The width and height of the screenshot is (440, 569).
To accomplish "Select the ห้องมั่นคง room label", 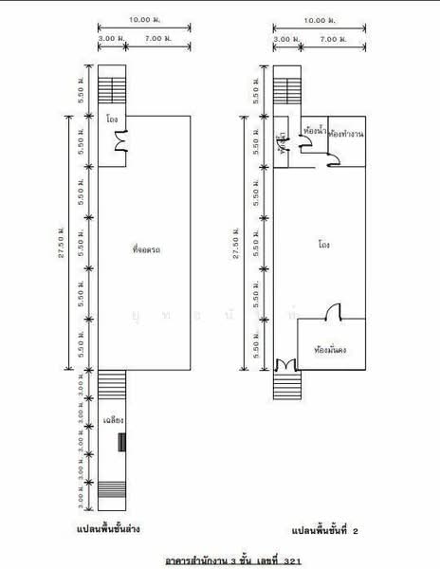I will coord(329,349).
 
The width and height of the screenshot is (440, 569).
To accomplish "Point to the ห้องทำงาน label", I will coord(347,135).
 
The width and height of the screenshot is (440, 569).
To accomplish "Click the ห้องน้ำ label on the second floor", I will coord(313,129).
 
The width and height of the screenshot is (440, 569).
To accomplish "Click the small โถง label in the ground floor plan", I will coord(112,121).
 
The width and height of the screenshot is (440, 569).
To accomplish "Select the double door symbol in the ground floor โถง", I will coord(120,142).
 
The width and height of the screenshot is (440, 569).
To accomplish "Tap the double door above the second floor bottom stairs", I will coord(284,365).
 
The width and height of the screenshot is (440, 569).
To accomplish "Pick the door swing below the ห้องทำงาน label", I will coord(335,163).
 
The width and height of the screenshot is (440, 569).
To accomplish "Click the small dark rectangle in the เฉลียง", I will coord(120,441).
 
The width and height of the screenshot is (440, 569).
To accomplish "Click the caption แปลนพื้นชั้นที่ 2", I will coord(311,532).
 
